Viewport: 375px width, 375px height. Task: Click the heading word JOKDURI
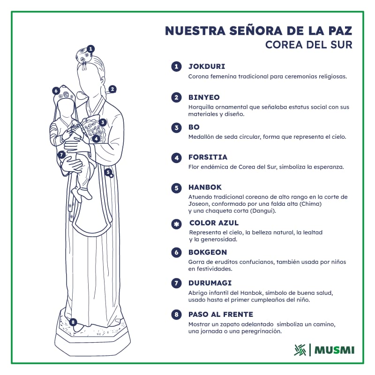coord(207,66)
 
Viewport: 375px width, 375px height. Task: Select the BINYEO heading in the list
coord(204,97)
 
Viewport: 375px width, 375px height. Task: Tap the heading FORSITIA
coord(208,157)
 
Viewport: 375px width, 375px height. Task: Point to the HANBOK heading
coord(205,187)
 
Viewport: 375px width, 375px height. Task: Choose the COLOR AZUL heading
coord(214,223)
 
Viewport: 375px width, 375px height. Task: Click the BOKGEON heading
coord(208,252)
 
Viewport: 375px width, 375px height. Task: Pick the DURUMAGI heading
coord(210,283)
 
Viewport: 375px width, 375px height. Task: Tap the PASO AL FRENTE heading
coord(221,315)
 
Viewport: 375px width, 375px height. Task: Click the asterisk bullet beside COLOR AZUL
coord(177,224)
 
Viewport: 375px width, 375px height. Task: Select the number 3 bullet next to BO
coord(177,127)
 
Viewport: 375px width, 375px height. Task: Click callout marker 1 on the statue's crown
coord(90,49)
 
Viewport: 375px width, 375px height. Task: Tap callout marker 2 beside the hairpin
coord(112,90)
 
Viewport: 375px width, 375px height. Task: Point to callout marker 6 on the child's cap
coord(56,90)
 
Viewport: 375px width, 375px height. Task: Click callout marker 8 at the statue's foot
coord(73,322)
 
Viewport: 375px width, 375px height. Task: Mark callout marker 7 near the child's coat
coord(61,155)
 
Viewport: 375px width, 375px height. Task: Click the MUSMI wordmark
coord(334,350)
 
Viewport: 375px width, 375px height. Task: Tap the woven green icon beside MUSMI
coord(300,350)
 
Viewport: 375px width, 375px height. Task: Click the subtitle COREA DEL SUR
coord(309,45)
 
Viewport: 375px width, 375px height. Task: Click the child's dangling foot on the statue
coord(84,194)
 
